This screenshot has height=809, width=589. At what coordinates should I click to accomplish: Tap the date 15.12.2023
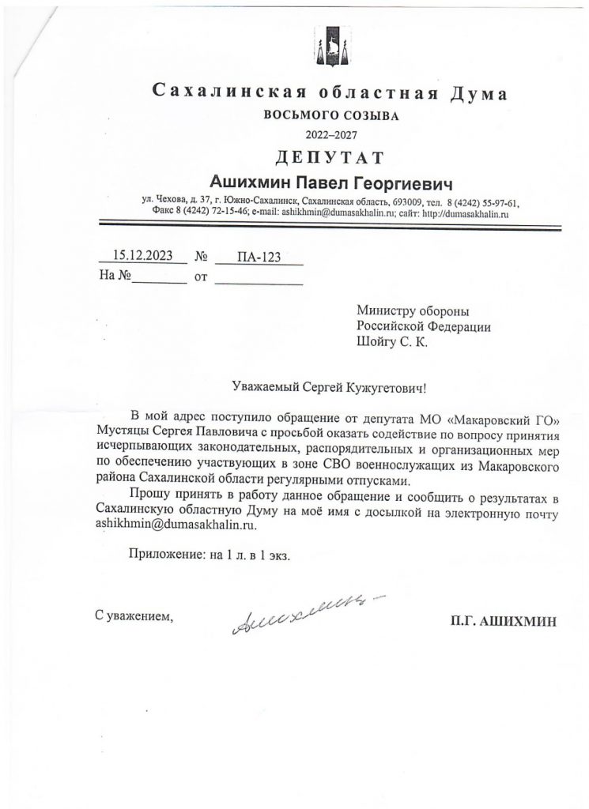coord(141,255)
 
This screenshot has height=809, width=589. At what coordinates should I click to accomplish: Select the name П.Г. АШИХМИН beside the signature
coord(502,621)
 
